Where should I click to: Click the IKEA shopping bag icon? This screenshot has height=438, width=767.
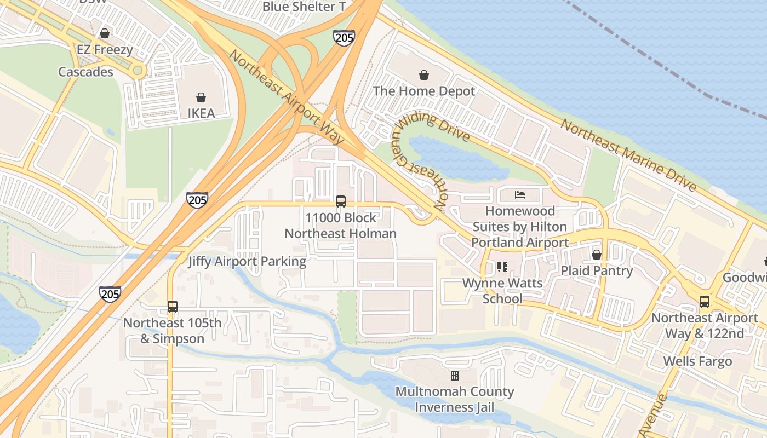click(201, 97)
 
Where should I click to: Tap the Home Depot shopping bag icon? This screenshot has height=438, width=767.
click(423, 75)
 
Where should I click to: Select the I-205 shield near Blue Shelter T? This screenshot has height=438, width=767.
click(344, 38)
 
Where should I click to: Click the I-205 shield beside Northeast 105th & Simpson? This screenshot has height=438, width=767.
click(110, 294)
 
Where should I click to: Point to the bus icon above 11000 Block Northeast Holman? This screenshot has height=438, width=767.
click(341, 201)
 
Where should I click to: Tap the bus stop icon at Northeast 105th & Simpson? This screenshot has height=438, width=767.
click(173, 307)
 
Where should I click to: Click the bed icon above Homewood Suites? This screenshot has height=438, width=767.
click(520, 194)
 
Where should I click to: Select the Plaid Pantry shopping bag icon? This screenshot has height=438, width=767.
click(597, 255)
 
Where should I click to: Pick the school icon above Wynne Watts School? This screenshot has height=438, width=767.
click(502, 267)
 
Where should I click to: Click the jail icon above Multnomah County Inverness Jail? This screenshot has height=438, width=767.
click(455, 376)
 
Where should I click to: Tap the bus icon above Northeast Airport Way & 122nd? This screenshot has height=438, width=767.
click(705, 302)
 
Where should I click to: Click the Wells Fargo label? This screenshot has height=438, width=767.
click(697, 361)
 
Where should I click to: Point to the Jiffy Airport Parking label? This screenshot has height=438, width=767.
click(247, 261)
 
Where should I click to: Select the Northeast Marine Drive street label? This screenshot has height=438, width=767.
click(628, 155)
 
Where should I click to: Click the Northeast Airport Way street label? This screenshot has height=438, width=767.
click(287, 97)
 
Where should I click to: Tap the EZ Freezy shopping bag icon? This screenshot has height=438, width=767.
click(105, 34)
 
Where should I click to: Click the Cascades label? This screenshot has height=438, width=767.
click(85, 72)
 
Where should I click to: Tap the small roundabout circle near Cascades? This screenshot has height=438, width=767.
click(138, 70)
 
